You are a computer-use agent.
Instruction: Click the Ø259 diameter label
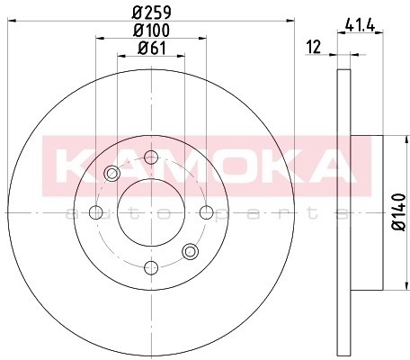point(152,12)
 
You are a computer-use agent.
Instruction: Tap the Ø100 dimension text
point(152,30)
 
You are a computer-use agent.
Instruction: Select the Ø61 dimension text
point(152,48)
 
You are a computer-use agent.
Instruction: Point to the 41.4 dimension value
point(360,25)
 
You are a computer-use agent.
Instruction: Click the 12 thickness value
point(314,47)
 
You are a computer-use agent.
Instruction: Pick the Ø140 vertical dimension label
point(399,212)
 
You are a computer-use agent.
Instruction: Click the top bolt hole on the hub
point(151,157)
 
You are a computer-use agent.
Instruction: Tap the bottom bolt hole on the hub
point(151,267)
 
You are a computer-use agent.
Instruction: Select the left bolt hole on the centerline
point(96,212)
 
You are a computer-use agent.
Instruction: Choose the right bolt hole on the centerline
point(207,212)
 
